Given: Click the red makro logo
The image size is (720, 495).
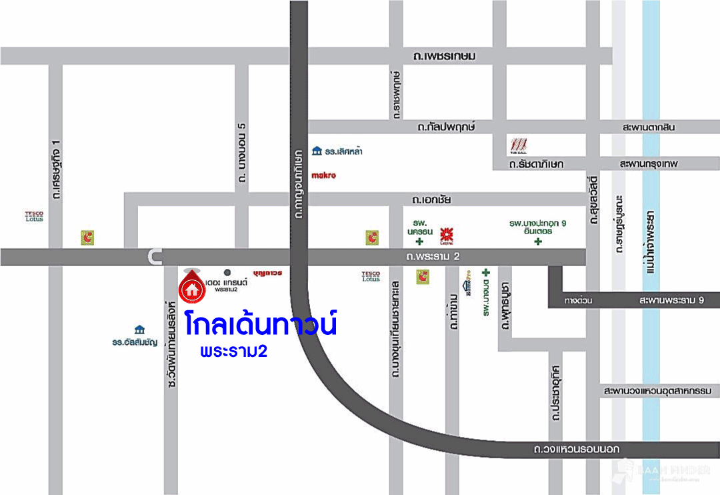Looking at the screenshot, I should click(324, 175).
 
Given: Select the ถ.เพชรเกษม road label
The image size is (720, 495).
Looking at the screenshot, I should click(444, 56).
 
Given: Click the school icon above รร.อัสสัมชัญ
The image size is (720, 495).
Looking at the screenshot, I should click(139, 330).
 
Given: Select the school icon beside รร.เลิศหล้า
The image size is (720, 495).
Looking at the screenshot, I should click(317, 151).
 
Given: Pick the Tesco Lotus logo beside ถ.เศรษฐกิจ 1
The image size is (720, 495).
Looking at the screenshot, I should click(34, 216).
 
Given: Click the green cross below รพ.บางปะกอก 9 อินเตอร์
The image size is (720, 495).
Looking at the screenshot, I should click(538, 241).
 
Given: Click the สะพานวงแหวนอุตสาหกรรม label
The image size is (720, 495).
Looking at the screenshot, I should click(657, 390).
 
